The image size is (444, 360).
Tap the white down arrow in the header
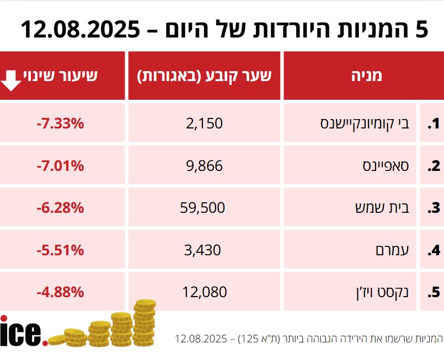(x=12, y=79)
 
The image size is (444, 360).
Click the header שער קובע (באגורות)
(x=205, y=76)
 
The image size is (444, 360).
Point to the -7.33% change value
(x=60, y=123)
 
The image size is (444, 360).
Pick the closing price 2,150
(x=205, y=123)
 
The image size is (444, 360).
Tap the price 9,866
(x=205, y=165)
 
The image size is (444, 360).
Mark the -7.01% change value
(x=60, y=165)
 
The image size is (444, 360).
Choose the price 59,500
(x=202, y=208)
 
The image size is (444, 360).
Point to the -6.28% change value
(x=60, y=208)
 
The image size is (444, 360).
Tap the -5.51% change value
(x=60, y=250)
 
